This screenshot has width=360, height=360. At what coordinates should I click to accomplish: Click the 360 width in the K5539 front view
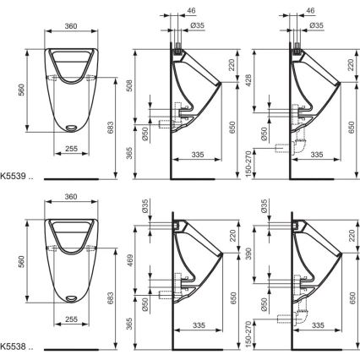click(72, 26)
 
